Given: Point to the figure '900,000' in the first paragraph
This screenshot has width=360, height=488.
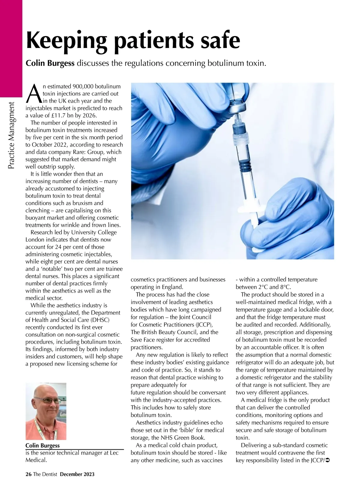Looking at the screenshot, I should (82, 87).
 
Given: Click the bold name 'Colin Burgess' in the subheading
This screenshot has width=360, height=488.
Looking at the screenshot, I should (50, 64).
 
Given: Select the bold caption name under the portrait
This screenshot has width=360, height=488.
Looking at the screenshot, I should (43, 445).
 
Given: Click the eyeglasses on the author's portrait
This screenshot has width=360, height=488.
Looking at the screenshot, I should (45, 401).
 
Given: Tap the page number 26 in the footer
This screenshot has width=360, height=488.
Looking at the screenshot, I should (28, 474).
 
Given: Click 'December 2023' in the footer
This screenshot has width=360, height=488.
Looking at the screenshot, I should (77, 474).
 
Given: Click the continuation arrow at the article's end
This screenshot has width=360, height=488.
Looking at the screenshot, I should (327, 460).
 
